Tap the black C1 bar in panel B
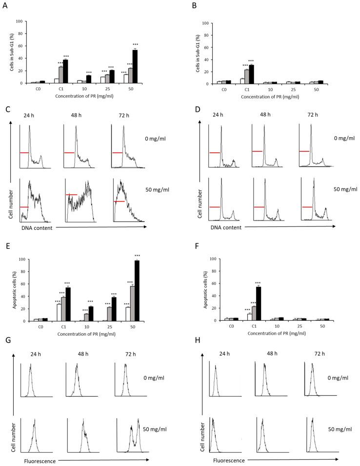[x=251, y=74]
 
